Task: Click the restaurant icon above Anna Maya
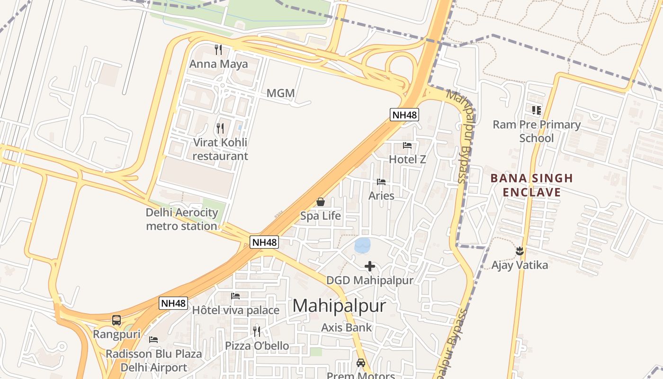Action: point(218,49)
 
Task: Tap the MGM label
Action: point(280,93)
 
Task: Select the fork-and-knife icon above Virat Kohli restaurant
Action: point(220,128)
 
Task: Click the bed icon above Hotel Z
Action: point(407,145)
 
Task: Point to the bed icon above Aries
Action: point(381,181)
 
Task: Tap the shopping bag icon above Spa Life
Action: point(321,202)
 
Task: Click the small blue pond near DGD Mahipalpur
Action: point(363,245)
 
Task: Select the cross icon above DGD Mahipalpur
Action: point(370,266)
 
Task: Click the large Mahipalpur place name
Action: point(339,306)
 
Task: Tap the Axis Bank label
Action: point(347,327)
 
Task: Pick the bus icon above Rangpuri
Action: point(116,320)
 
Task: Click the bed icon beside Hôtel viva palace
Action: point(235,296)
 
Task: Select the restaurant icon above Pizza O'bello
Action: point(257,331)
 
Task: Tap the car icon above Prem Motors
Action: point(361,363)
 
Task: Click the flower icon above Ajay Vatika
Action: point(520,251)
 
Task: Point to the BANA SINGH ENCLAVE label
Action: point(532,185)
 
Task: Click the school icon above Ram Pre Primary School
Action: point(536,110)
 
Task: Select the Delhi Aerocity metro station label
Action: point(182,219)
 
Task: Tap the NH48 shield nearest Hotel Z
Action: point(404,114)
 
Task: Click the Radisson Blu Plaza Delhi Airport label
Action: point(153,361)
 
